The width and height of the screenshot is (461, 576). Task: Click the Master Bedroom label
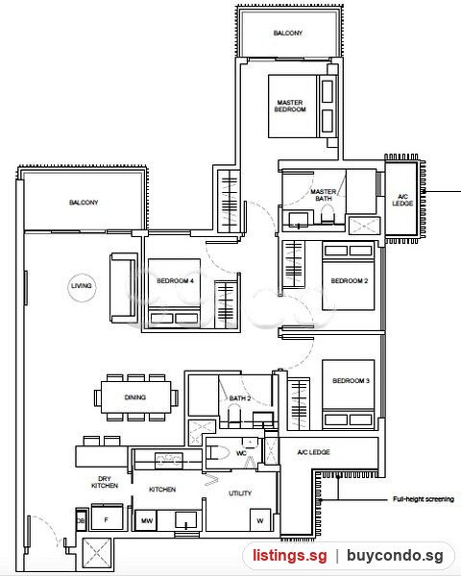point(290,106)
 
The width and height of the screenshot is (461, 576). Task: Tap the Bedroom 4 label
point(175,281)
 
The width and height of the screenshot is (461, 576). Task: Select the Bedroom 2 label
point(350,281)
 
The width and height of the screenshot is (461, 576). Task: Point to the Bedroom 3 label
point(351,381)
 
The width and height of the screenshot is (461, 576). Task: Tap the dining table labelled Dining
point(136,397)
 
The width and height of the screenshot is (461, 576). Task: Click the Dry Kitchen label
point(105,482)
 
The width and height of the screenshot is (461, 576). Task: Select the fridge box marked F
point(107,517)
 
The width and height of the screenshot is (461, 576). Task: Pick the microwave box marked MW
point(147,520)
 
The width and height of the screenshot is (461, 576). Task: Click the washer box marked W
point(260,519)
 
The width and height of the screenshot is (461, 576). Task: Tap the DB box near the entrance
point(82,520)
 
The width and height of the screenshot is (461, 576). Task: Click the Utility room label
point(240,493)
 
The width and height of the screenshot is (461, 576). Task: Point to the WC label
point(241,453)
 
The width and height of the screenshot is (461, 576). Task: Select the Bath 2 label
point(240,398)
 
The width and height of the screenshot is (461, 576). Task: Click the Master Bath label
point(324,195)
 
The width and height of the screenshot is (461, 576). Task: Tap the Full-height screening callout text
point(424,499)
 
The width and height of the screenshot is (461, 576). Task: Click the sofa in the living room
point(124,288)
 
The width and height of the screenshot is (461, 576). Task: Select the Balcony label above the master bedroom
point(288,33)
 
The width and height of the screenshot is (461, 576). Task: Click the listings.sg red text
point(290,556)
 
